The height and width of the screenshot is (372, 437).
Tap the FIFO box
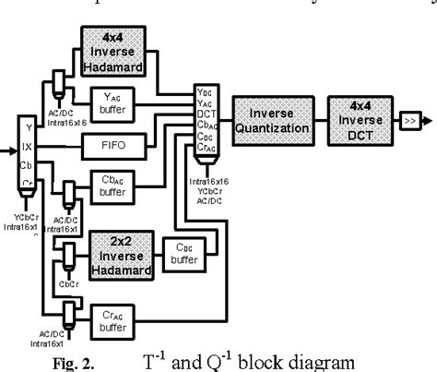[123, 146]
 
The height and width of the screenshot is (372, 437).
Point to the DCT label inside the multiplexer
[205, 114]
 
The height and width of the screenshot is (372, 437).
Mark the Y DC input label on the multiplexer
[206, 91]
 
